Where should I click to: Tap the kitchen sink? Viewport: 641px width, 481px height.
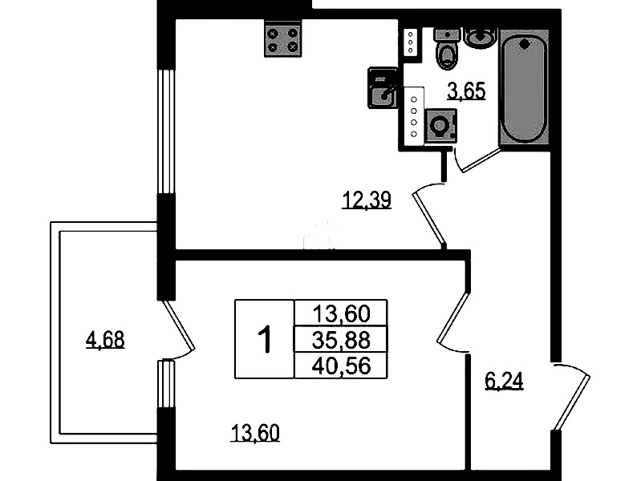(x=383, y=88)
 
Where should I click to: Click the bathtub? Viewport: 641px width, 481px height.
(x=524, y=87)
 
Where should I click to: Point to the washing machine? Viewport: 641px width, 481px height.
(x=440, y=125)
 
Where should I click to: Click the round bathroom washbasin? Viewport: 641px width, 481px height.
(x=481, y=38)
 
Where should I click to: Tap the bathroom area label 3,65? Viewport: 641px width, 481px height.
(x=466, y=91)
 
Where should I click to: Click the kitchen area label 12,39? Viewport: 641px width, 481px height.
(x=367, y=200)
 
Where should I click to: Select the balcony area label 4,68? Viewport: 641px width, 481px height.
(x=105, y=340)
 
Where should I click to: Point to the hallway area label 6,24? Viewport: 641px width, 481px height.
(x=504, y=382)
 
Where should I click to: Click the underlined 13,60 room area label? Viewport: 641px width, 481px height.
(x=255, y=433)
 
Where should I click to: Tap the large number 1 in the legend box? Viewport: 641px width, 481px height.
(x=265, y=339)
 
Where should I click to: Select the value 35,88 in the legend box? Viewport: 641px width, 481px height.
(x=341, y=340)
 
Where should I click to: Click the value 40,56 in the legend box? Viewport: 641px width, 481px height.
(x=341, y=366)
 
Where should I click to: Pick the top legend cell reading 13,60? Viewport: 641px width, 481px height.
(x=341, y=314)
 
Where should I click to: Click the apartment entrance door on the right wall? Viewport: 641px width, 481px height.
(x=571, y=395)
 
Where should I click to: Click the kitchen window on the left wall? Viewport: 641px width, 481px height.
(x=166, y=131)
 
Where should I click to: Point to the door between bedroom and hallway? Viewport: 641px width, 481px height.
(x=452, y=321)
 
